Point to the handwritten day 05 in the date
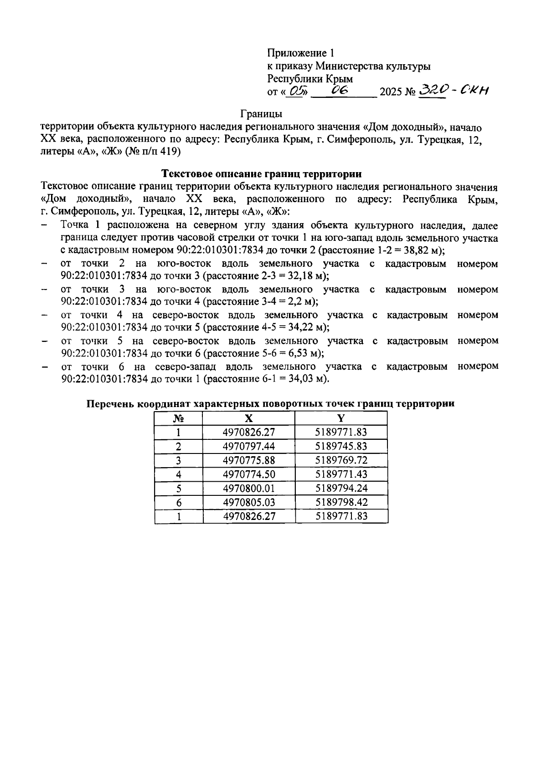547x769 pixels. [x=296, y=92]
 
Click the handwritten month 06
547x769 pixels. [x=340, y=91]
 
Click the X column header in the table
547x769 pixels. [x=248, y=418]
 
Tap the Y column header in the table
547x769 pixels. [x=341, y=418]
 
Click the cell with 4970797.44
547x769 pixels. [x=248, y=446]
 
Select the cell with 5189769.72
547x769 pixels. [x=341, y=460]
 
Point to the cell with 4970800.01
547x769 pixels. [x=248, y=489]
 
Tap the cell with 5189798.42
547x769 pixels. [x=341, y=503]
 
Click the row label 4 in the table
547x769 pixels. [x=178, y=474]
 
